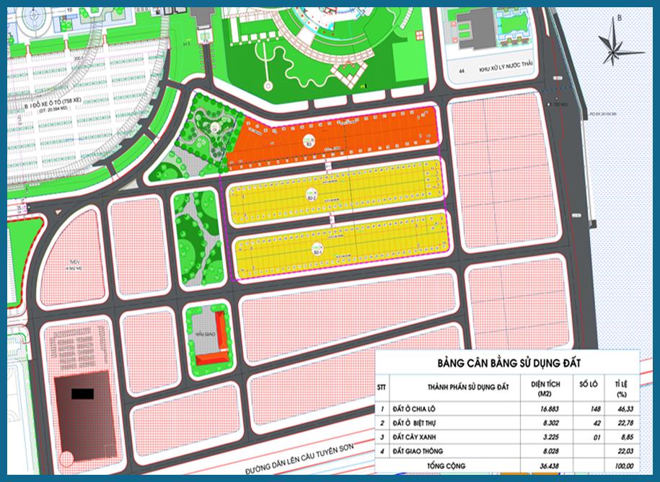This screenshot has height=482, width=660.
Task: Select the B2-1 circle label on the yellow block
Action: (318, 249)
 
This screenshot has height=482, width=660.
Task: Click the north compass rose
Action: (614, 40)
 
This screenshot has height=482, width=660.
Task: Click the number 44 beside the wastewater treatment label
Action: (462, 71)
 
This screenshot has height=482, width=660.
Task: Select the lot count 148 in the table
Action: (585, 408)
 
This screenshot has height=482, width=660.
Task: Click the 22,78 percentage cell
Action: (619, 422)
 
